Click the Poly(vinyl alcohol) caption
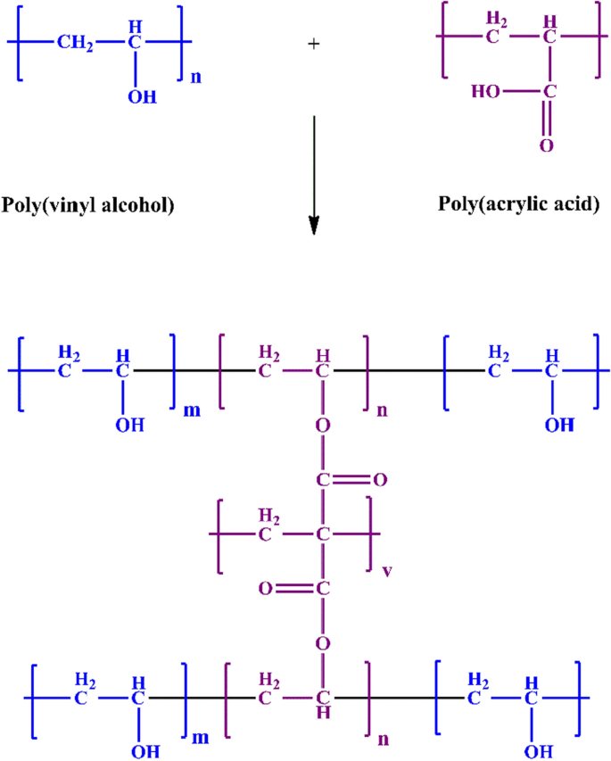click(87, 206)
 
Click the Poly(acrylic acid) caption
click(519, 203)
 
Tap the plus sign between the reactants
click(313, 42)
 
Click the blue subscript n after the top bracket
click(196, 76)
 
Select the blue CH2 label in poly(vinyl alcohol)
click(74, 41)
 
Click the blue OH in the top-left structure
click(141, 95)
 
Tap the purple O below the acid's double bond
click(546, 145)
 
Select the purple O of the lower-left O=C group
click(265, 589)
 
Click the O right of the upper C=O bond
click(380, 481)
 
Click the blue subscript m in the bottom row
click(202, 737)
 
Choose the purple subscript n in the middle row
click(381, 410)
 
